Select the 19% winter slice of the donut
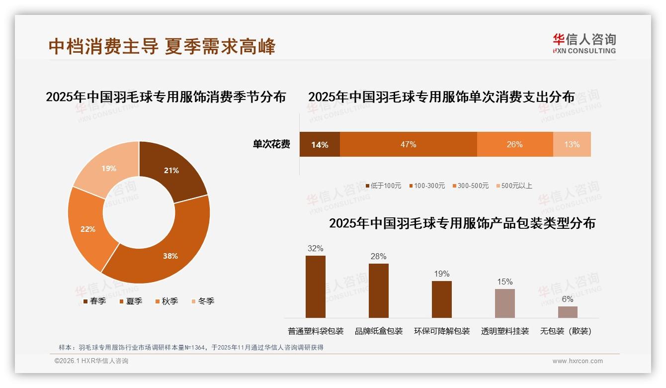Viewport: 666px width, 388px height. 105,167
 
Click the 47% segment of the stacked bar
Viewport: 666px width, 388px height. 408,144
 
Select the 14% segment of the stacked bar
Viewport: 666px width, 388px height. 320,144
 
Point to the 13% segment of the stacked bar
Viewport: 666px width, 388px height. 572,144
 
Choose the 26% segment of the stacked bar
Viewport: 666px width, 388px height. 514,144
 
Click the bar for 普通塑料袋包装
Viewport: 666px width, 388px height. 316,287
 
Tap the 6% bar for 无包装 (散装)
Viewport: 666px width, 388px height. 568,312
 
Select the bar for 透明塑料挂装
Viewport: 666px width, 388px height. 504,303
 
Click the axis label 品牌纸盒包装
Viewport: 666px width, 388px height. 379,331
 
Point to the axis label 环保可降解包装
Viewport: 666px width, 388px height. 442,331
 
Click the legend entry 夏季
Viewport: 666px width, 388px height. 131,301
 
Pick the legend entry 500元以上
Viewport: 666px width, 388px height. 514,186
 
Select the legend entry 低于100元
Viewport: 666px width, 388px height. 383,186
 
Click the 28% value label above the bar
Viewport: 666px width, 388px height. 378,256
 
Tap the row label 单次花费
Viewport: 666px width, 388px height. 271,144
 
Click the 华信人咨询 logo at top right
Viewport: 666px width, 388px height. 584,43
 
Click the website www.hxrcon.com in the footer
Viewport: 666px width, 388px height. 578,361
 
